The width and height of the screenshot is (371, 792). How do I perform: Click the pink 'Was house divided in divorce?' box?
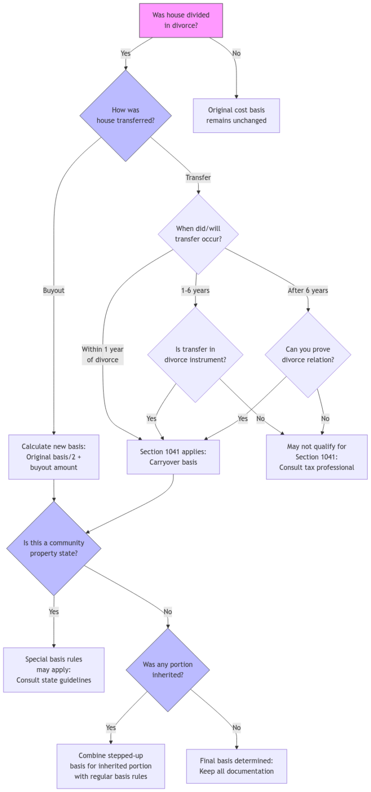181,20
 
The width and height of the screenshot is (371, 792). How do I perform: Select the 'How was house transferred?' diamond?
126,116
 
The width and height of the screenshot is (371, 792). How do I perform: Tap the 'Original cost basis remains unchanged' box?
236,116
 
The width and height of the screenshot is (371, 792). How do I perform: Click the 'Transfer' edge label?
198,177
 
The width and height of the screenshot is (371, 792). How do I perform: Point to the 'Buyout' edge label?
54,290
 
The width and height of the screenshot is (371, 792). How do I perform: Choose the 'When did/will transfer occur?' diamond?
198,234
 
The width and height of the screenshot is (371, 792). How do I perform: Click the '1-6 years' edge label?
195,290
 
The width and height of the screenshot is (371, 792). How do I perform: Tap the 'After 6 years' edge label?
308,290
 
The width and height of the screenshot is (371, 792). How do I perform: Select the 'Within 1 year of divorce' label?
102,354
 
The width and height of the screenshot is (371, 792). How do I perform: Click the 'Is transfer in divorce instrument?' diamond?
195,354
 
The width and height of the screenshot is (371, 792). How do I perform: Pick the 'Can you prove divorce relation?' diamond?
308,354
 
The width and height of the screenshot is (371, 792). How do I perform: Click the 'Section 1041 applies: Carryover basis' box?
173,457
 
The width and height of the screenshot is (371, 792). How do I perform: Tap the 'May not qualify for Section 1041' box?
316,457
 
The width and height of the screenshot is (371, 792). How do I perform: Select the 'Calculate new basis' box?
54,457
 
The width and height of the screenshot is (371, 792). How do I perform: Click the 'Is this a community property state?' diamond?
54,548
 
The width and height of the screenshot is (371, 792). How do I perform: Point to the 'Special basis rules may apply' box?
54,670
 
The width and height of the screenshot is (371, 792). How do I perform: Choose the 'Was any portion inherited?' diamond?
168,670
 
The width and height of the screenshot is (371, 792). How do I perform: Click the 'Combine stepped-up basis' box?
111,766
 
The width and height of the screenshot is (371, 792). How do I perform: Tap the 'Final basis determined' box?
236,766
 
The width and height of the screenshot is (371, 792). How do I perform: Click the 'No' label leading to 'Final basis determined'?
236,728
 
